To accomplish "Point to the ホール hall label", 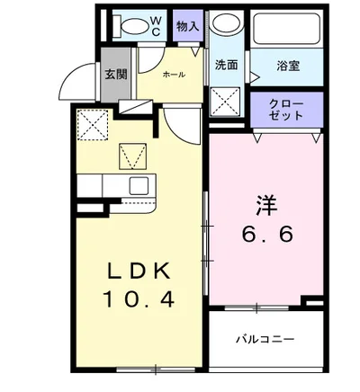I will coord(174,75).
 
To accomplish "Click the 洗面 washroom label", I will coord(226,66).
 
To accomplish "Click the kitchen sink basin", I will coord(139,186).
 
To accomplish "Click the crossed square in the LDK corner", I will coord(91,122).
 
